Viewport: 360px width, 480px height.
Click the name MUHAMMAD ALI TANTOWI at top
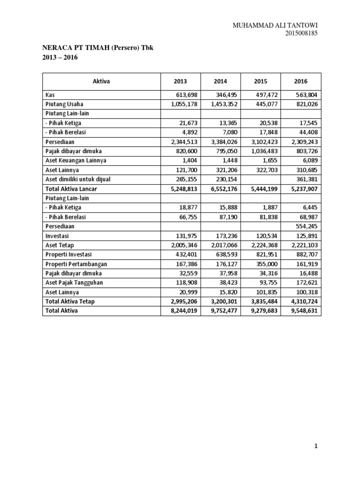(x=278, y=25)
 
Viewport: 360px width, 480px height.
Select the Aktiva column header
(x=101, y=81)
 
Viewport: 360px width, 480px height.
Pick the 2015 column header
(x=261, y=81)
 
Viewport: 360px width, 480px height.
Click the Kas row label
(x=50, y=95)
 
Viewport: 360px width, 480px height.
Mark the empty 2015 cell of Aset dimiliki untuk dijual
(x=261, y=179)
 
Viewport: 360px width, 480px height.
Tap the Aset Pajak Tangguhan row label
(x=74, y=283)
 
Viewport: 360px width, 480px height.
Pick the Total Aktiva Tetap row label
(x=70, y=301)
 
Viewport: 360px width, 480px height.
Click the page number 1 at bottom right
(x=316, y=447)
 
